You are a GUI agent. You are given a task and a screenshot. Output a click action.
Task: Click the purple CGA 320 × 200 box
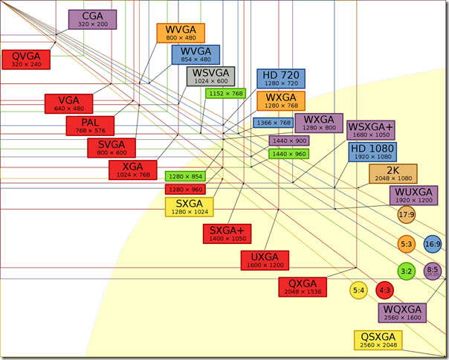pos(91,19)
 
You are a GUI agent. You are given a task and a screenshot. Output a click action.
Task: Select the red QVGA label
pos(26,59)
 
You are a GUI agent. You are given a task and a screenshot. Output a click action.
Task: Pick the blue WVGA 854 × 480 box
pos(196,55)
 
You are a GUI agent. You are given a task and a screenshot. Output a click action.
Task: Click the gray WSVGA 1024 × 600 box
pos(210,77)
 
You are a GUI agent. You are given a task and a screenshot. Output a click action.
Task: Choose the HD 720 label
pos(281,79)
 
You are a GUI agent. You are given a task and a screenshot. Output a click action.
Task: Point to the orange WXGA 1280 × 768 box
pos(281,101)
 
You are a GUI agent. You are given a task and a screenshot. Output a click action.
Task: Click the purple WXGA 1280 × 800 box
pos(318,123)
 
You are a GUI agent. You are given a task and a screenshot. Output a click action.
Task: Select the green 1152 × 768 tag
pos(226,94)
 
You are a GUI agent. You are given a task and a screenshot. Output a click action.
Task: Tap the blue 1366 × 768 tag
pos(273,123)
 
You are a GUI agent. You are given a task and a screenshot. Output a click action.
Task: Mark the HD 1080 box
pos(372,152)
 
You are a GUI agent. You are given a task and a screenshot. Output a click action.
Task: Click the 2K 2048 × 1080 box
pos(393,174)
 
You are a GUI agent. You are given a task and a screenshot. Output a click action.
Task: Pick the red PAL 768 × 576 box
pos(88,125)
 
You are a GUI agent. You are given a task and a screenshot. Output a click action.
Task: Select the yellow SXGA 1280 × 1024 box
pos(189,207)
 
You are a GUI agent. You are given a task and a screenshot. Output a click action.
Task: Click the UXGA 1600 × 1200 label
pos(265,261)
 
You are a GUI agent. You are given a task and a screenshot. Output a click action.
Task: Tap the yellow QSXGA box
pos(378,341)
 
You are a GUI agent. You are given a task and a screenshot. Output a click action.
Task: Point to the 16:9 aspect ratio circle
pos(433,243)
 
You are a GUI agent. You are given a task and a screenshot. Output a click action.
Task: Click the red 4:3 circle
pos(384,289)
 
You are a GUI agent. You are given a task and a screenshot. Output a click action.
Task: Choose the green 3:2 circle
pos(406,271)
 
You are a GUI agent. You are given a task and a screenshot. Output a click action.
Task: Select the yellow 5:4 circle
pos(359,289)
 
